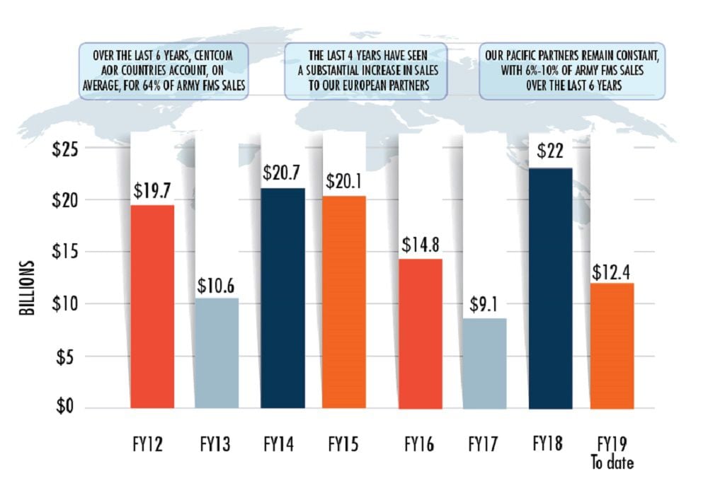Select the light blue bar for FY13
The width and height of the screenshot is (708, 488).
click(x=217, y=353)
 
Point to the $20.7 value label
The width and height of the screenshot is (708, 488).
click(x=282, y=173)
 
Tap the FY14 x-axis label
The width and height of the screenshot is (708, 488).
click(x=280, y=446)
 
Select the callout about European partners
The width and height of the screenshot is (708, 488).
click(x=365, y=71)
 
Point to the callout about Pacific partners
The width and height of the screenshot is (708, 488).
click(x=573, y=71)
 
